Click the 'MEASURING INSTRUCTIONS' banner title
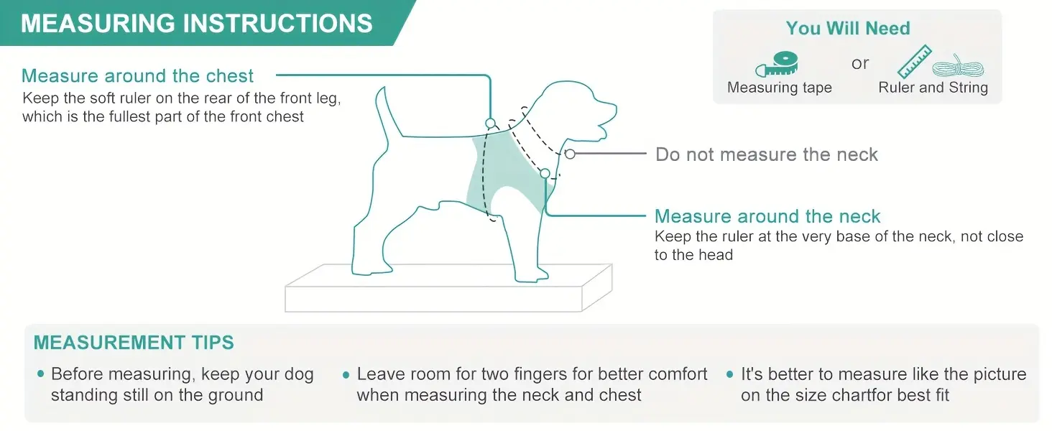(x=197, y=23)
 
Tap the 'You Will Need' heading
(x=848, y=29)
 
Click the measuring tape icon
(x=777, y=65)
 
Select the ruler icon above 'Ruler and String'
(x=914, y=62)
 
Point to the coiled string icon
(x=959, y=68)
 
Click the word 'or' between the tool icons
(x=860, y=63)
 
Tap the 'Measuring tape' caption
(x=780, y=88)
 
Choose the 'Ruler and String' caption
(x=933, y=88)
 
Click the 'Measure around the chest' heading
(x=138, y=76)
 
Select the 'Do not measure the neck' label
(x=767, y=154)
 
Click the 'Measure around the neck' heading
(x=767, y=216)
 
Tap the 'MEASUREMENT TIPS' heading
(x=134, y=343)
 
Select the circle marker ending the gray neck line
(x=570, y=154)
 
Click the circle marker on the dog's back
(x=491, y=124)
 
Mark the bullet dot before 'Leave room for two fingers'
(x=346, y=375)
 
